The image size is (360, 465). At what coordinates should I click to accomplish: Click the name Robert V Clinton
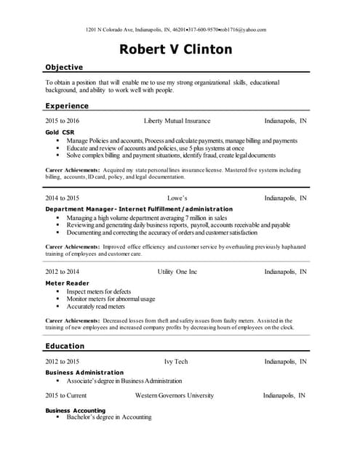coord(176,49)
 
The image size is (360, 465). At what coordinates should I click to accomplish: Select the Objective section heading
coord(64,67)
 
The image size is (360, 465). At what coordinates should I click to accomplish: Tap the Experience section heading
coord(67,105)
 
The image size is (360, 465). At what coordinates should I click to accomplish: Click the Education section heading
coord(65,346)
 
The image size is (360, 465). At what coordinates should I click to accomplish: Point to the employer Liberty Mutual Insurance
coord(177,121)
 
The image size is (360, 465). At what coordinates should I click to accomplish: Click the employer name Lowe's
coord(177,198)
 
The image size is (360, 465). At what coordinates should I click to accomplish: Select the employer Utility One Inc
coord(177,272)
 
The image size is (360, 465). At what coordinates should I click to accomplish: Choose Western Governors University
coord(175,396)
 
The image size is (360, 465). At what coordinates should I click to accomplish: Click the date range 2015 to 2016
coord(63,121)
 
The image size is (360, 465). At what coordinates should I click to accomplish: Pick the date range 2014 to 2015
coord(63,198)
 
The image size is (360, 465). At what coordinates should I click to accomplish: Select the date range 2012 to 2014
coord(63,272)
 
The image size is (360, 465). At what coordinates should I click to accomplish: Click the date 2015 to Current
coord(66,396)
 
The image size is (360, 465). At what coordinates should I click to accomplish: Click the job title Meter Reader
coord(67,283)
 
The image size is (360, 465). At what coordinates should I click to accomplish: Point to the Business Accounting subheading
coord(75,411)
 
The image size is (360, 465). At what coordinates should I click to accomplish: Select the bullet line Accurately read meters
coord(96,307)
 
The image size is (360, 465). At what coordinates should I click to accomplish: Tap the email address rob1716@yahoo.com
coord(243,30)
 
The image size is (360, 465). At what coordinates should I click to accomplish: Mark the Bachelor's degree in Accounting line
coord(109,418)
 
